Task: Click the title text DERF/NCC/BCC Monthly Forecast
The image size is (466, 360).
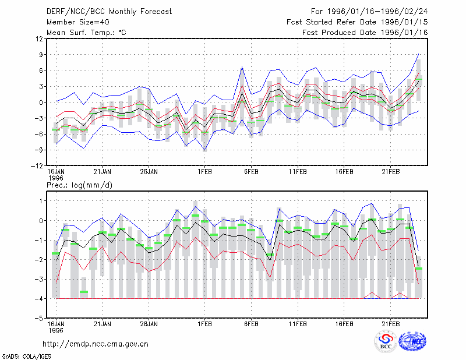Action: pos(109,12)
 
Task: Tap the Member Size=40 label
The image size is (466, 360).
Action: pos(78,22)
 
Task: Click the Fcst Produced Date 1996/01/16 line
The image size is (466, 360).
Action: pos(365,33)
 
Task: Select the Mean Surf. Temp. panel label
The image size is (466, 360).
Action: pos(86,33)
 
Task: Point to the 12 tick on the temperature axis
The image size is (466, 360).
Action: pos(40,38)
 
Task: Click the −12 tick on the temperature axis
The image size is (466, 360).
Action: pos(37,166)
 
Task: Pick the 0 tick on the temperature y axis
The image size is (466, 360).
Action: pos(41,103)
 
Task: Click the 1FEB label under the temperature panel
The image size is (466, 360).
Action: pos(204,172)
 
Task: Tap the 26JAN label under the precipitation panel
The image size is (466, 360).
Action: pos(149,324)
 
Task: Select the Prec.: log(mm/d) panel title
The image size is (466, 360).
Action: pos(79,185)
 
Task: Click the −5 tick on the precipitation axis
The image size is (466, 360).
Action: pos(38,318)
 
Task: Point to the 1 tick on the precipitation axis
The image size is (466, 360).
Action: pos(41,201)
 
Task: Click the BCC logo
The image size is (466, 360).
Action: pos(386,341)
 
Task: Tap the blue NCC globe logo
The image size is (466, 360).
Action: pos(412,341)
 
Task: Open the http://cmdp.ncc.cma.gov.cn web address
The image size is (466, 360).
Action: pos(96,344)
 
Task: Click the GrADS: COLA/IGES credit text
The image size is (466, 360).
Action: pos(26,357)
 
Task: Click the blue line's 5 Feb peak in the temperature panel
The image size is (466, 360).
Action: pos(242,67)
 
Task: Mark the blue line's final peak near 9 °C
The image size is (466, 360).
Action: pos(418,54)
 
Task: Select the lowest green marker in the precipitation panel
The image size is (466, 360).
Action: pos(84,292)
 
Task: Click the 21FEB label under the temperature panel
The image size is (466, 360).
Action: pos(390,172)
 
